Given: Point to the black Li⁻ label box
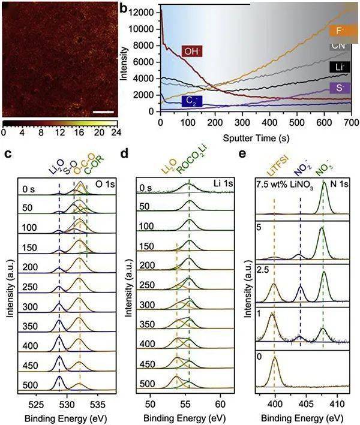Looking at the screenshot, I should (340, 67).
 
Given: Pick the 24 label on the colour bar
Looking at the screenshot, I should (116, 129).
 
